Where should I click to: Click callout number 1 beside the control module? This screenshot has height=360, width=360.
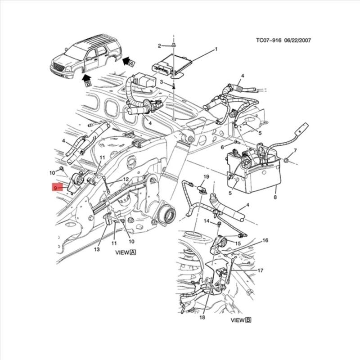[x=216, y=49]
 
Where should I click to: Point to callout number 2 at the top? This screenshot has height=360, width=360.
[x=159, y=46]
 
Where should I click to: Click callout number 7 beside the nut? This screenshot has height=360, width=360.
[x=295, y=150]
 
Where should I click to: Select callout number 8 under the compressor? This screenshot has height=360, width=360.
[x=275, y=197]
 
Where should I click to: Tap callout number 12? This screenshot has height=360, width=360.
[x=126, y=179]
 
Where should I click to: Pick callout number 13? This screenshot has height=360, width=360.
[x=97, y=249]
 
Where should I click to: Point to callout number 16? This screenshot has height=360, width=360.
[x=265, y=241]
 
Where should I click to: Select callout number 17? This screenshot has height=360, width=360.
[x=260, y=270]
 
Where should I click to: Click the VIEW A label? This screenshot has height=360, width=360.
[x=126, y=253]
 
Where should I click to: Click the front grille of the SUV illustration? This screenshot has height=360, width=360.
[x=57, y=68]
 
